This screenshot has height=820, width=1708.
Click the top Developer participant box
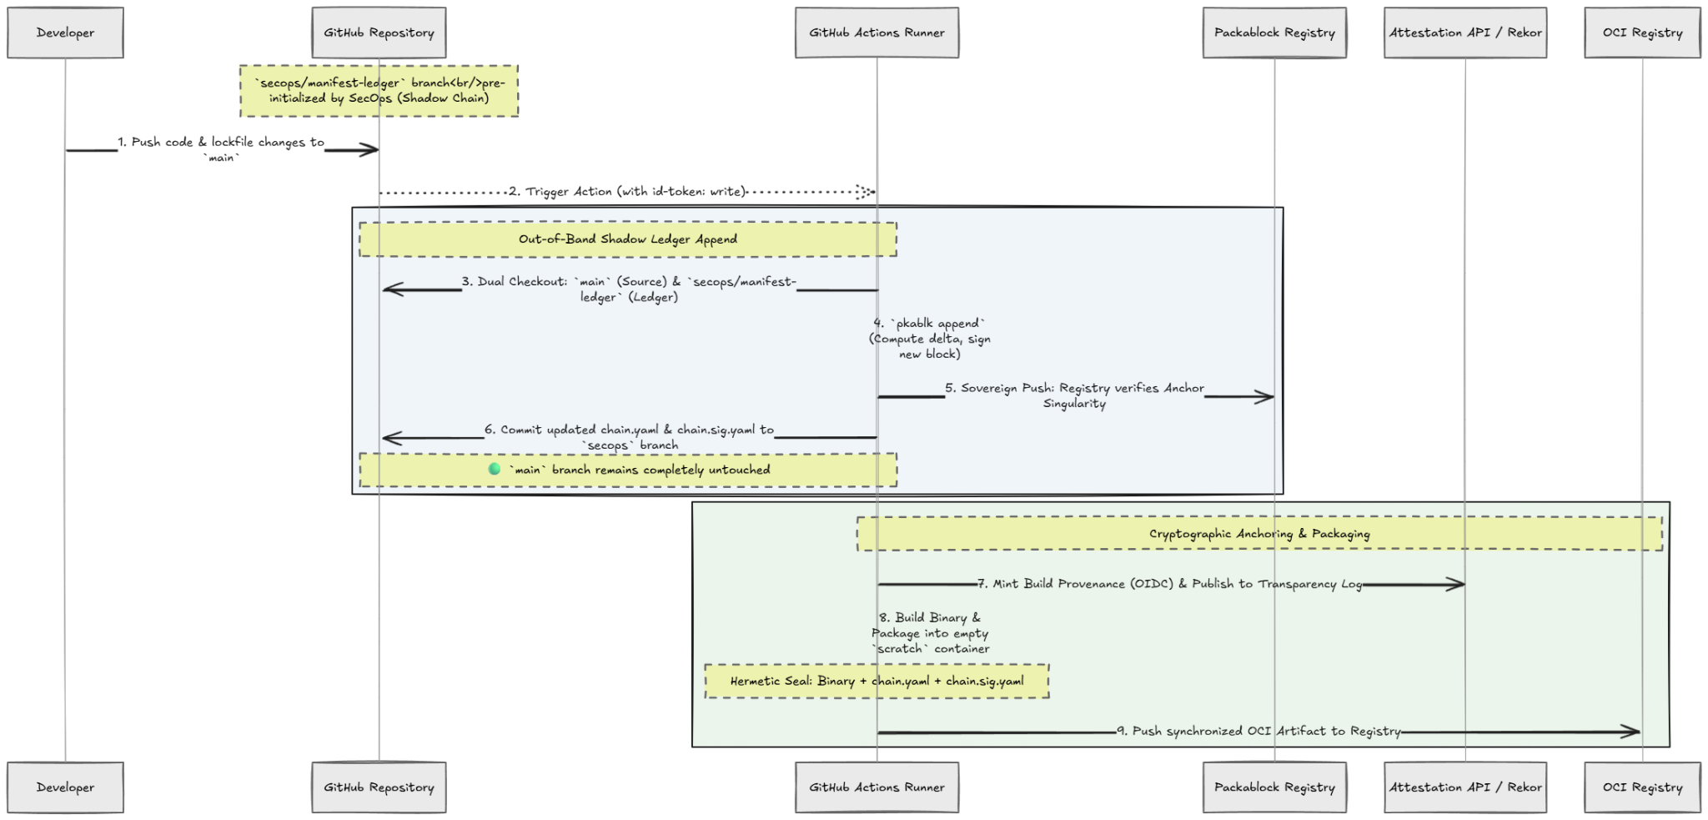[x=65, y=33]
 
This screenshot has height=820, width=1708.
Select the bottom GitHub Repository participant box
[x=379, y=787]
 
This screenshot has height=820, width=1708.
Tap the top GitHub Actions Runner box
[x=877, y=33]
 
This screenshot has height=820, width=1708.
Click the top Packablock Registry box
[x=1274, y=33]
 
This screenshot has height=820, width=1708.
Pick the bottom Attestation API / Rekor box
[x=1465, y=787]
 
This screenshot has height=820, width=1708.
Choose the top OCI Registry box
[x=1642, y=33]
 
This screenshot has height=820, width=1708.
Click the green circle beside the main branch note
[x=495, y=469]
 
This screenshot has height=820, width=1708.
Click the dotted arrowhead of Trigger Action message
[x=866, y=192]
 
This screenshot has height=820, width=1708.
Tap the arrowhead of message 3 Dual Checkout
[x=393, y=289]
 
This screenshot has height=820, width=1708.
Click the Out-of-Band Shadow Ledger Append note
[x=628, y=239]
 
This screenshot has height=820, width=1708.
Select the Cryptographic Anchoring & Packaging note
[x=1259, y=534]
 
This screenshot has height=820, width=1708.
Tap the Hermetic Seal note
[x=877, y=682]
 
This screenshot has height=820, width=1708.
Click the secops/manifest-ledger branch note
[x=379, y=91]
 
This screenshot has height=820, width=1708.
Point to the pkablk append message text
[x=930, y=339]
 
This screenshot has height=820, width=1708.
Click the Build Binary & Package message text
[x=930, y=633]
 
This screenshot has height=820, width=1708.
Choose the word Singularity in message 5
[x=1074, y=405]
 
